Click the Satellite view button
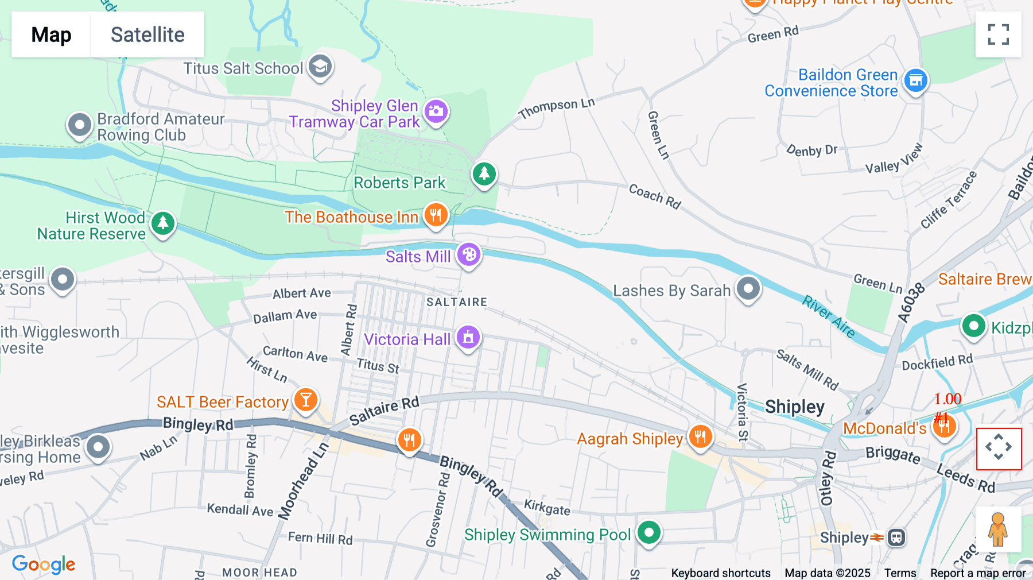point(147,34)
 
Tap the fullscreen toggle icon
point(998,34)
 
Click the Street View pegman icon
point(998,529)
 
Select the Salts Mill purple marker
point(469,254)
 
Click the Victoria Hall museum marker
point(468,338)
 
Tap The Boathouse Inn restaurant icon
point(436,215)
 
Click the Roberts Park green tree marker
point(484,173)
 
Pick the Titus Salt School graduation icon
point(320,67)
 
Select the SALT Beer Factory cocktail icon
point(306,400)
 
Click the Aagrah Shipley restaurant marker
point(700,437)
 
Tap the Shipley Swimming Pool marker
point(649,532)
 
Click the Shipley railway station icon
point(896,538)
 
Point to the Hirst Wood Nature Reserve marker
point(163,223)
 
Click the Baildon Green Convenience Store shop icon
point(915,80)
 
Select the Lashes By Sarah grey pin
point(748,288)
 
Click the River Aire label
point(829,316)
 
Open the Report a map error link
point(977,573)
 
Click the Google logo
point(44,564)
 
